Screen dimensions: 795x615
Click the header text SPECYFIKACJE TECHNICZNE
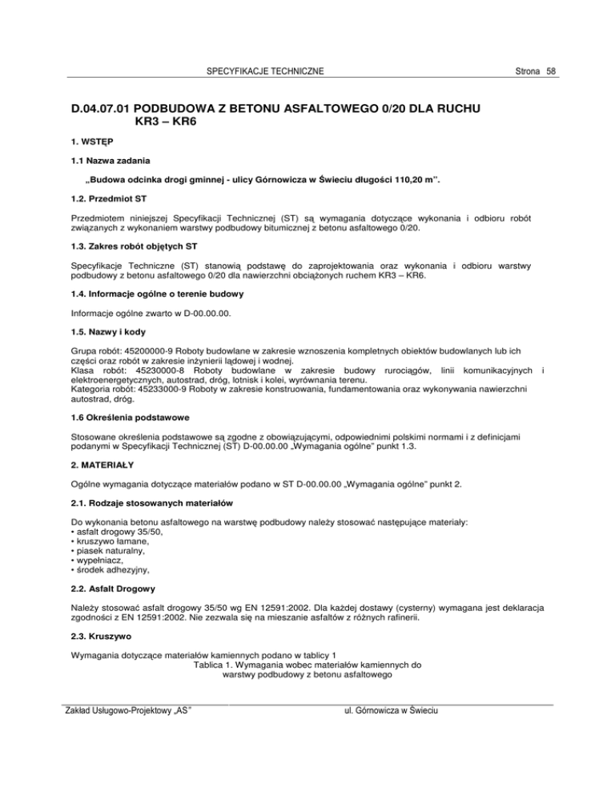click(265, 72)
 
